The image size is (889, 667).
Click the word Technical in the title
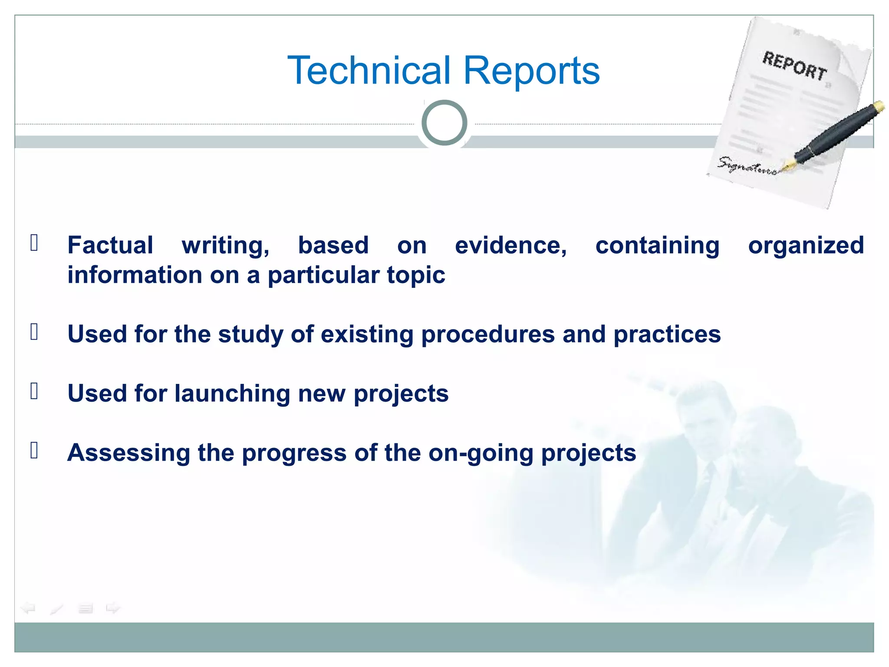click(369, 70)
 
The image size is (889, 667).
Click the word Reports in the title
click(531, 70)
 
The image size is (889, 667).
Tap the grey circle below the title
click(444, 123)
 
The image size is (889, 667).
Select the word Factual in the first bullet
click(110, 245)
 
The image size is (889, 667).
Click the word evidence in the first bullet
click(510, 246)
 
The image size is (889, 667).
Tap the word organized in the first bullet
click(806, 246)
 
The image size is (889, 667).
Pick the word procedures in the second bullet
click(488, 335)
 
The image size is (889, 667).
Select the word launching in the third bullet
click(232, 394)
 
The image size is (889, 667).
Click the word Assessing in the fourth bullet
click(128, 453)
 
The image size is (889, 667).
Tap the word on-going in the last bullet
click(481, 453)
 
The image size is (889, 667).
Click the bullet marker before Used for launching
click(34, 391)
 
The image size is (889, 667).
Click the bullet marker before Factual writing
click(34, 243)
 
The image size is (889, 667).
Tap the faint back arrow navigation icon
click(28, 608)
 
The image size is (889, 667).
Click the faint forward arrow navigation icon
click(113, 608)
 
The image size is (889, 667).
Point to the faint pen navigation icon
click(56, 609)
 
